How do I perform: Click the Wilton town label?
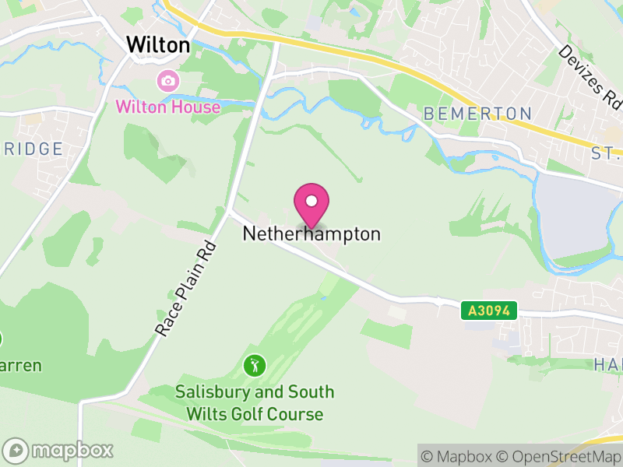click(x=158, y=45)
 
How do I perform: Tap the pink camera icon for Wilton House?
click(x=167, y=80)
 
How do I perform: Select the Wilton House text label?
click(x=168, y=107)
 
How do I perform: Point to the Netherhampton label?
click(x=311, y=233)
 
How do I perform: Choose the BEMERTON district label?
click(x=477, y=114)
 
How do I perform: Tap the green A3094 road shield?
click(x=489, y=311)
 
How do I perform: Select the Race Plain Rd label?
click(x=185, y=288)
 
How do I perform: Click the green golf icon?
click(x=254, y=364)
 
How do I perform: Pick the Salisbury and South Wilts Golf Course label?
click(x=255, y=402)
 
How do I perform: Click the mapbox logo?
click(x=58, y=450)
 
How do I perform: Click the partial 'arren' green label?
click(x=21, y=365)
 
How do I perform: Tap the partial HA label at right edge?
click(x=607, y=363)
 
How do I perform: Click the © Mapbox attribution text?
click(x=459, y=456)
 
